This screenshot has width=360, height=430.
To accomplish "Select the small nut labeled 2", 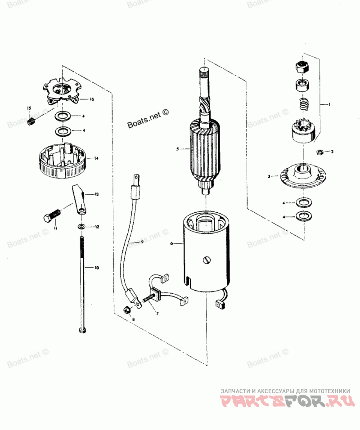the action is [x=320, y=151].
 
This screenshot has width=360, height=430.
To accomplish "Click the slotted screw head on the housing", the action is [x=207, y=260].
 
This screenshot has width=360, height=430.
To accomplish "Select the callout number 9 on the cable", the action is [x=142, y=242].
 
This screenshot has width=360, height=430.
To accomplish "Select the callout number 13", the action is [x=96, y=194].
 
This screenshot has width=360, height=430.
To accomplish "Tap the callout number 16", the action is [x=91, y=99].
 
